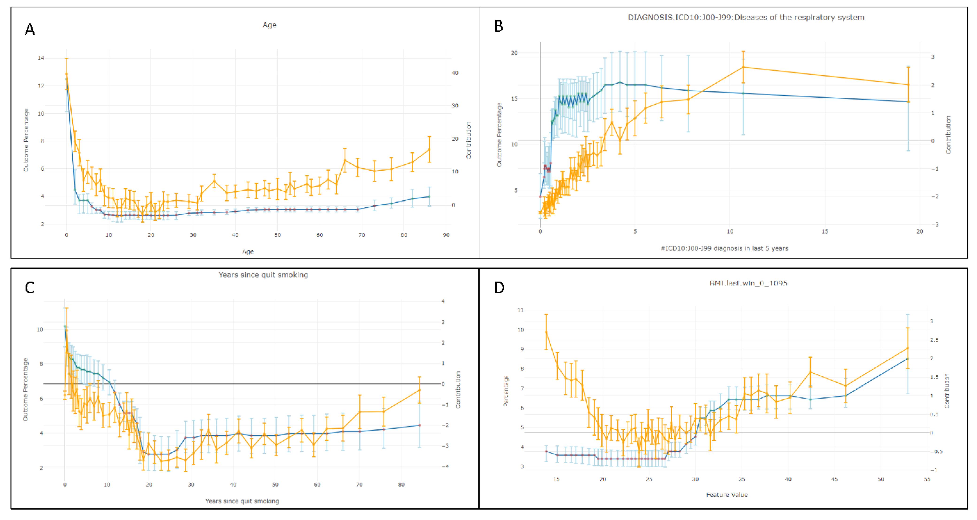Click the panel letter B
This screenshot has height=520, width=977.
pos(498,26)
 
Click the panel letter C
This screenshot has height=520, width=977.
pos(30,288)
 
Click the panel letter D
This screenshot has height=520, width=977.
pos(499,288)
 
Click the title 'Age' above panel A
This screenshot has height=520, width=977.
pos(269,25)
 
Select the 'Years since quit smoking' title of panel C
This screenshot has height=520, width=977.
pos(263,275)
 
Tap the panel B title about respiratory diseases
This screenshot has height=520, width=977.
pos(746,17)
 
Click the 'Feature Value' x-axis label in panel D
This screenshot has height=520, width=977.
pos(727,495)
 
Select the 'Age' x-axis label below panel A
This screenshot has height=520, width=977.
pos(248,251)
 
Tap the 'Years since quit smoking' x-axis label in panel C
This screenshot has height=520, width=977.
pos(242,501)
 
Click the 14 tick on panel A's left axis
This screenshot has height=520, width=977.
pos(41,58)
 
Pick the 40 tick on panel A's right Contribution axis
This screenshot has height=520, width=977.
pos(455,73)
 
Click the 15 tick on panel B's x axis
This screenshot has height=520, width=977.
pos(824,231)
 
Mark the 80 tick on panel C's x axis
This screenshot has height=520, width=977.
pos(401,485)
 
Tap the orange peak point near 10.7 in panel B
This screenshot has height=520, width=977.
pos(743,67)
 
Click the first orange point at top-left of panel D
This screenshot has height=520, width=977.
pos(546,332)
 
